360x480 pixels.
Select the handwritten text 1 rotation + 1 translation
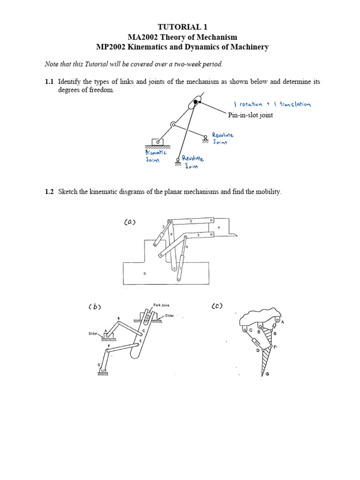click(271, 104)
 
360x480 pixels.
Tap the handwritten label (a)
click(130, 223)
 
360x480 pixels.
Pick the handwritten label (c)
click(217, 306)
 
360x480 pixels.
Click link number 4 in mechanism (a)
click(219, 227)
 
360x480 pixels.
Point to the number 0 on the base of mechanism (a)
click(144, 272)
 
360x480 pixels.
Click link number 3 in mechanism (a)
click(191, 221)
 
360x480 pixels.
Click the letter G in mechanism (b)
click(98, 365)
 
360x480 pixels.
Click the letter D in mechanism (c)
click(257, 350)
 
